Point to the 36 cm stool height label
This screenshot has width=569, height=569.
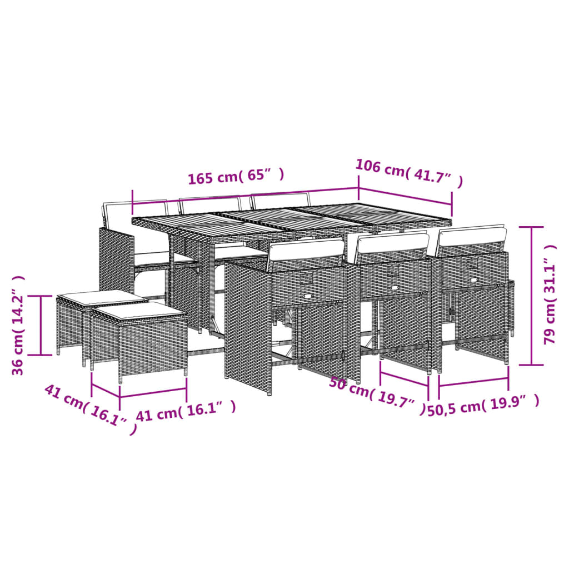pyautogui.click(x=19, y=325)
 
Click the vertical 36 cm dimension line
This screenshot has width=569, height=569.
pyautogui.click(x=42, y=325)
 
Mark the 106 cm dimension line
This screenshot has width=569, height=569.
pyautogui.click(x=405, y=200)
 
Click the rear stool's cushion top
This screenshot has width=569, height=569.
pyautogui.click(x=102, y=297)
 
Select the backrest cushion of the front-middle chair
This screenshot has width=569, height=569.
pyautogui.click(x=393, y=242)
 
